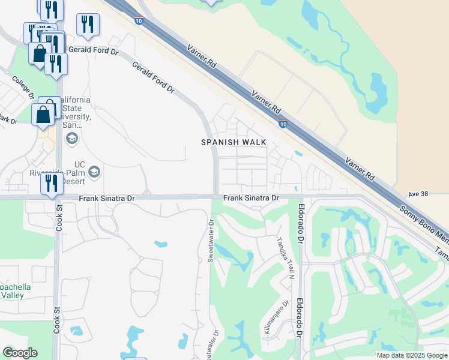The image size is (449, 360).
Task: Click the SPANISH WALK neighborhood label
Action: (234, 142)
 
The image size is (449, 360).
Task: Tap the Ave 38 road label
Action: (418, 194)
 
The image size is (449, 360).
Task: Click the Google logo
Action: (20, 353)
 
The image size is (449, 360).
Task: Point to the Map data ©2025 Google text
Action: (412, 355)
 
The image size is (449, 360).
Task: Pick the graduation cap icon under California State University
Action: (72, 140)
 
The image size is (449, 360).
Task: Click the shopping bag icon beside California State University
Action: (44, 114)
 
